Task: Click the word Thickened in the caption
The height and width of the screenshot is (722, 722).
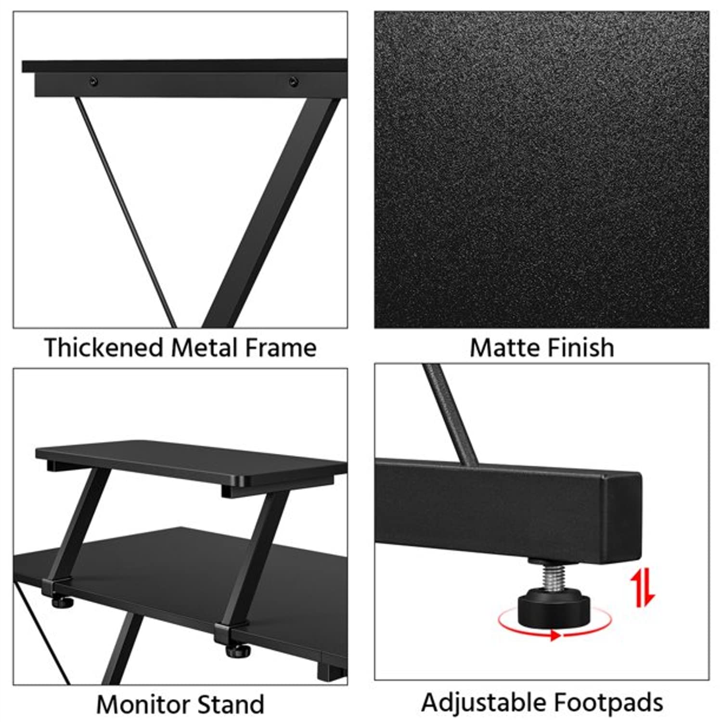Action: click(103, 348)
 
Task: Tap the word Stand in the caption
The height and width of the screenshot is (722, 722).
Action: click(231, 705)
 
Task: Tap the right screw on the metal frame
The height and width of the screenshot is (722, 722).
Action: click(293, 82)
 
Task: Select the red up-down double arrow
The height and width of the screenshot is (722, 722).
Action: click(643, 587)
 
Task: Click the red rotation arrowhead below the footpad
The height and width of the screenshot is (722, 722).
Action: click(555, 635)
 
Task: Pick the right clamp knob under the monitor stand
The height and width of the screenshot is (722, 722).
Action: click(239, 651)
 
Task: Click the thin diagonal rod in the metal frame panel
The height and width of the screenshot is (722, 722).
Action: click(126, 212)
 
